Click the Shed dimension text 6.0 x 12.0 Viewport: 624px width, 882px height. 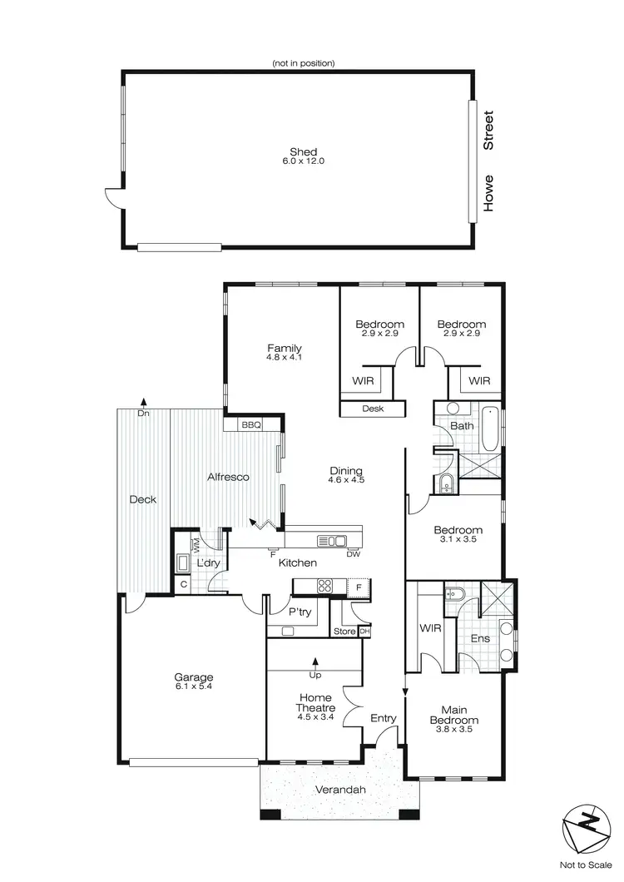click(303, 161)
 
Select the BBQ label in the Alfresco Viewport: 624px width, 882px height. click(251, 425)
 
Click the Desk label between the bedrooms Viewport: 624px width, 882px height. click(373, 409)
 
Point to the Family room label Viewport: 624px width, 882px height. click(284, 349)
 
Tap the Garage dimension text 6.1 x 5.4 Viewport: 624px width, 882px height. click(193, 687)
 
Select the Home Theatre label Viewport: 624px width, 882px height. click(315, 703)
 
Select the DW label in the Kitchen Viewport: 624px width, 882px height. click(352, 553)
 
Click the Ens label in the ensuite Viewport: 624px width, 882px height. click(479, 639)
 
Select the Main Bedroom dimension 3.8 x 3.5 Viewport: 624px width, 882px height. click(453, 731)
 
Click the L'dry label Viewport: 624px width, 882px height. click(207, 563)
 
